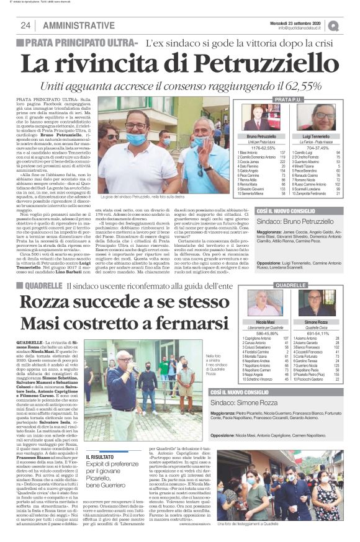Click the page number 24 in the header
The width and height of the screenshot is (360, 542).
pos(25,25)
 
